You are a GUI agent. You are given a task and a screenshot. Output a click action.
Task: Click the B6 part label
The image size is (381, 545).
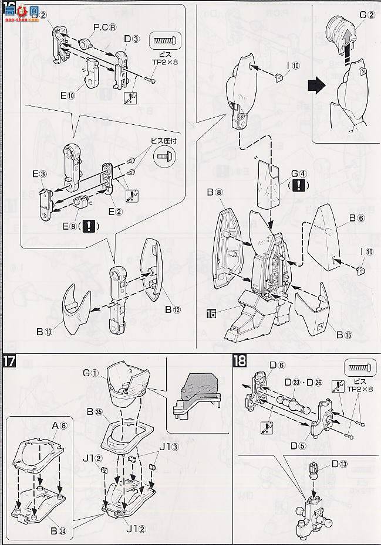[356, 218]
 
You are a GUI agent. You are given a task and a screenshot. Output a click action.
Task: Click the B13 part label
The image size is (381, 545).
[45, 331]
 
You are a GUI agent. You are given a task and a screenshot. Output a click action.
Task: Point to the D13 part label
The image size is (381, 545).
[339, 464]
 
